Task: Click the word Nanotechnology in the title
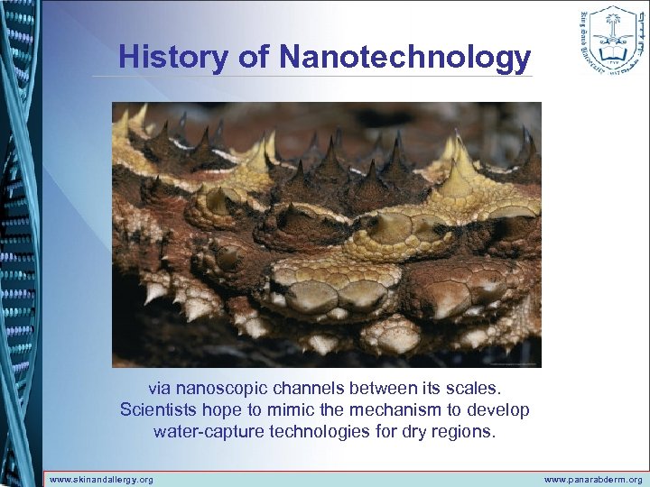404,57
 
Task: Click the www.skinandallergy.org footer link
101,479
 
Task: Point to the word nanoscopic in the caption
218,389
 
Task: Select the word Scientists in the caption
158,410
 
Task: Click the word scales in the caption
477,389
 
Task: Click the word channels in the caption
302,389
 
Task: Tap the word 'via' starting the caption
159,389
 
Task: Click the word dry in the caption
411,431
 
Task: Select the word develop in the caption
500,410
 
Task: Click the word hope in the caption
220,410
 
